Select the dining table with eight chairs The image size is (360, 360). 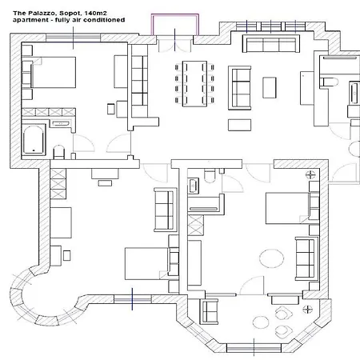pos(194,84)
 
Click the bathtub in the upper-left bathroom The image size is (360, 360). pos(34,140)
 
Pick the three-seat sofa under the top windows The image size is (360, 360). pos(271,43)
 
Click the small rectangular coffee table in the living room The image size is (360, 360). pos(270,88)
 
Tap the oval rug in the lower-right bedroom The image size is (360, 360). pos(271,258)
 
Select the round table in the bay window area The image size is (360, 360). pos(261,322)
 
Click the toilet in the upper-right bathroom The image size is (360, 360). pos(330,82)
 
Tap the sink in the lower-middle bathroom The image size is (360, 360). pos(193,185)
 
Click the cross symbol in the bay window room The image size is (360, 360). pos(308,310)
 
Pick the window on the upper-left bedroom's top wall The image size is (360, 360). pos(74,38)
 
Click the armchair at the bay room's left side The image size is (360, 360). pos(209,311)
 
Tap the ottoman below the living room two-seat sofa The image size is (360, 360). pos(239,125)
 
